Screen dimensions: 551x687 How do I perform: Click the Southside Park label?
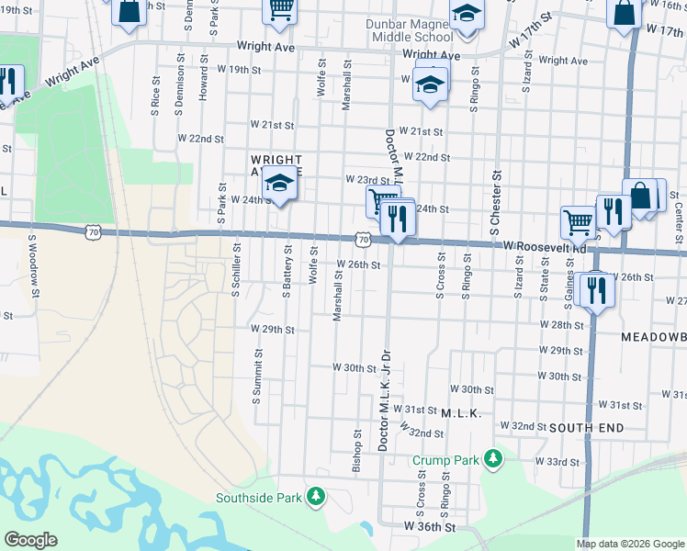tap(259, 499)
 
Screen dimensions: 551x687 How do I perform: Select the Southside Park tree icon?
tap(316, 497)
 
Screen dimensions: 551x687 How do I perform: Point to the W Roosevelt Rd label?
tap(545, 247)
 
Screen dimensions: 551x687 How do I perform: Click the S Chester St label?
tap(495, 195)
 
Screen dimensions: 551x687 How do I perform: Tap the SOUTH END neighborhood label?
tap(587, 428)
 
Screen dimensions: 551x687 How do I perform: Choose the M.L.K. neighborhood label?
tap(461, 414)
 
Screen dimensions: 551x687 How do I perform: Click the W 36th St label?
tap(430, 527)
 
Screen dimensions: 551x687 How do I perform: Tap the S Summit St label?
tap(257, 375)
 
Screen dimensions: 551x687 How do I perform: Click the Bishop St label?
tap(356, 450)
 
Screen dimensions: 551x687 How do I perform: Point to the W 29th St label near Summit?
tap(272, 329)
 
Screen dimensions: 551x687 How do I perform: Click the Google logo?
tap(30, 540)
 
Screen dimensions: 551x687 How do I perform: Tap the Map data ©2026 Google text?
tap(629, 544)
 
